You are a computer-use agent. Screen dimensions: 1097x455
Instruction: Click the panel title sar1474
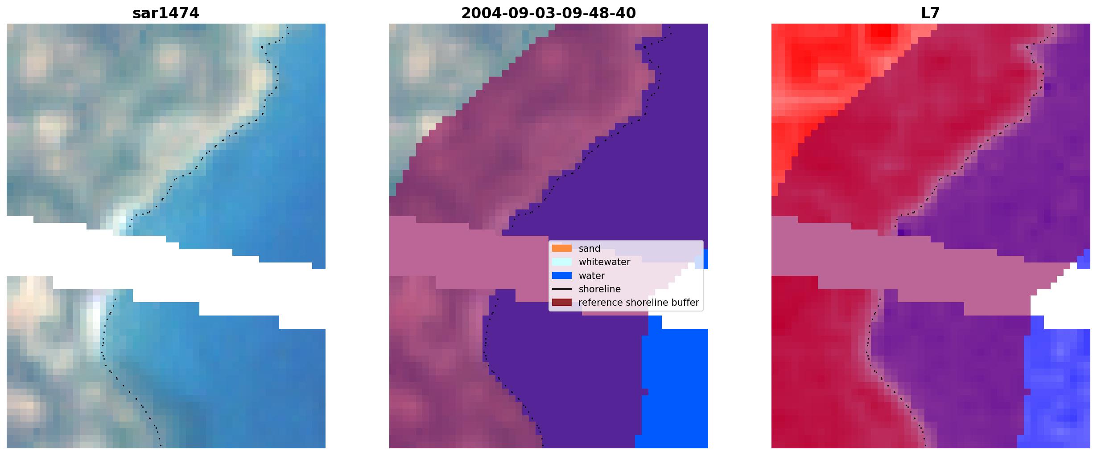click(166, 13)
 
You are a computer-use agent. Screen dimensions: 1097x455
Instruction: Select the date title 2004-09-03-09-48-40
click(548, 13)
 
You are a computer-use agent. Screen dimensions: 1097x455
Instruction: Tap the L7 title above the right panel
click(931, 13)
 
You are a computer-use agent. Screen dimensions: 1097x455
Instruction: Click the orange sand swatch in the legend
click(562, 248)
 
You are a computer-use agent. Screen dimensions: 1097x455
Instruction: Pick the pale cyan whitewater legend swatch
click(562, 262)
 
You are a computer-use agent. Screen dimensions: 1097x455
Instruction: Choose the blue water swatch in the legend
click(562, 275)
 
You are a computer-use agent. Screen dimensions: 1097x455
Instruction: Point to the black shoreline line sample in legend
click(562, 289)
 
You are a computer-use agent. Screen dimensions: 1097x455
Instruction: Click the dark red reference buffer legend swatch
click(562, 303)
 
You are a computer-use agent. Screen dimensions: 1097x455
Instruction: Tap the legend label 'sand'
click(590, 249)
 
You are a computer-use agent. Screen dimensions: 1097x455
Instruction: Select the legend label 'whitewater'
click(604, 262)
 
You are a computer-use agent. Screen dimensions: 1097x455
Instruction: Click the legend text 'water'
click(592, 276)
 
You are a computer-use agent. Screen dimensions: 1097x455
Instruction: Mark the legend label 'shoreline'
click(600, 289)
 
